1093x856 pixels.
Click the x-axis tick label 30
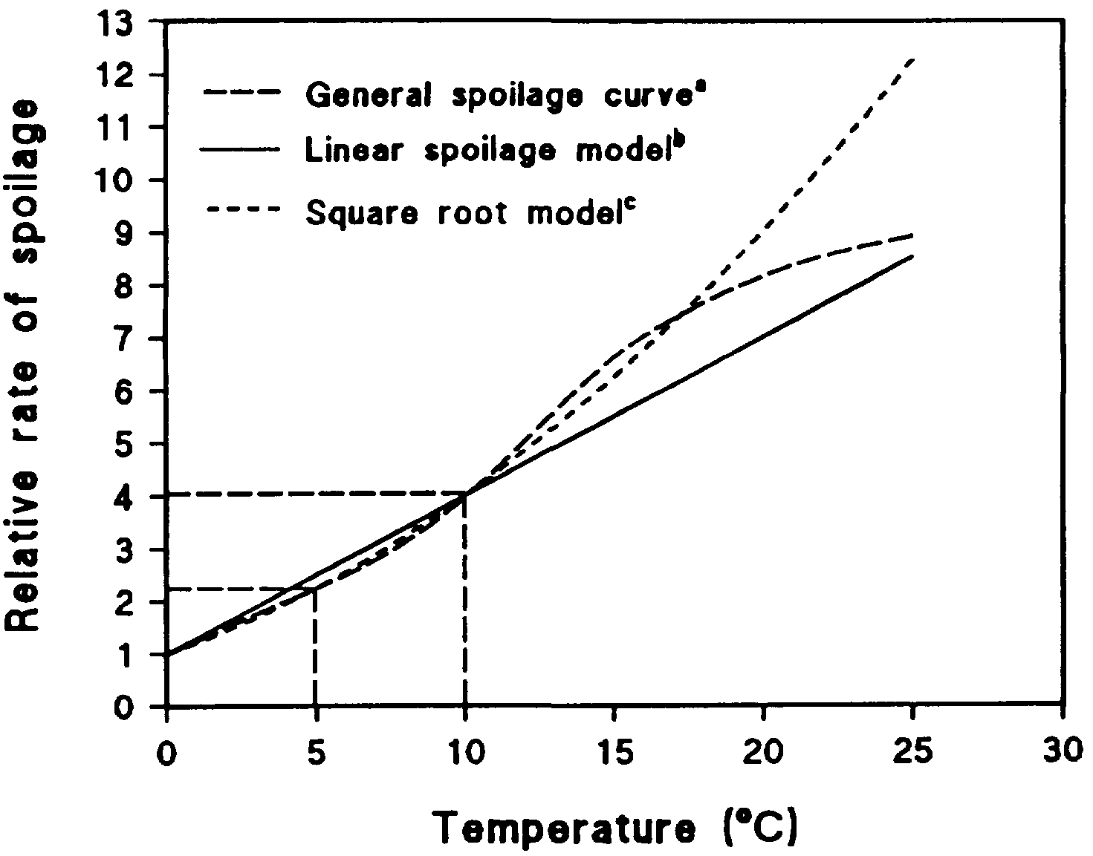pos(1064,752)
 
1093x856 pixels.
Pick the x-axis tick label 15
pos(614,752)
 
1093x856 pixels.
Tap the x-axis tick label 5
pos(317,752)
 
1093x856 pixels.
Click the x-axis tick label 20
pos(763,752)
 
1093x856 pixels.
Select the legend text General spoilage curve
pos(505,96)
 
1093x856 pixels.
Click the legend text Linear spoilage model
pos(494,150)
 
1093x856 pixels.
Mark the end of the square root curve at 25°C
pos(912,59)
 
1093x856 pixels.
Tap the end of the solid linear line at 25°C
pos(912,256)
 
